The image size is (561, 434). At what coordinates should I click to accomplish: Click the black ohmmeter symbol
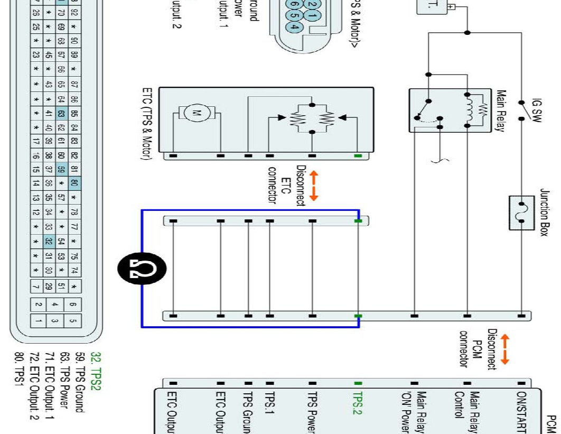click(141, 270)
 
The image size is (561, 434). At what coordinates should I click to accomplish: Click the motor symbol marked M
click(197, 112)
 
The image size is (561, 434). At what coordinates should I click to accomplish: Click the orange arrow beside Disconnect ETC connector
click(313, 186)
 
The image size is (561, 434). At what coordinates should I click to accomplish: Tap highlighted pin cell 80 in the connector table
click(74, 184)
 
